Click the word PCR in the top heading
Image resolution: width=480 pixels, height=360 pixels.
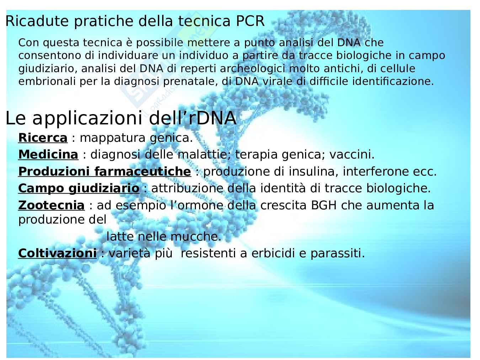(x=250, y=21)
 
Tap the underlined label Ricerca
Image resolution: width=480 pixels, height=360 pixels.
(x=43, y=138)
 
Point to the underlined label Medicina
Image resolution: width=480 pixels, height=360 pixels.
(x=48, y=155)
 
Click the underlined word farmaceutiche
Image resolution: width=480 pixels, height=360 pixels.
(x=143, y=171)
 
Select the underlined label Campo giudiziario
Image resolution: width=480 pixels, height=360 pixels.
(x=79, y=188)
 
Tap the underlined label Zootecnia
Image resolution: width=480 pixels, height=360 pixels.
(x=52, y=205)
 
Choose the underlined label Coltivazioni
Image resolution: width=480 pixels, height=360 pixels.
(x=58, y=253)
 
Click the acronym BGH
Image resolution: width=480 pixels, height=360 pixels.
(x=324, y=205)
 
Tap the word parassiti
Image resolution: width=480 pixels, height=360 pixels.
(x=338, y=253)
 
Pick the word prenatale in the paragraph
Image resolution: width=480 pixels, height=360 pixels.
(x=191, y=81)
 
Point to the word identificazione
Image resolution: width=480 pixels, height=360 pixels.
(x=393, y=81)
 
